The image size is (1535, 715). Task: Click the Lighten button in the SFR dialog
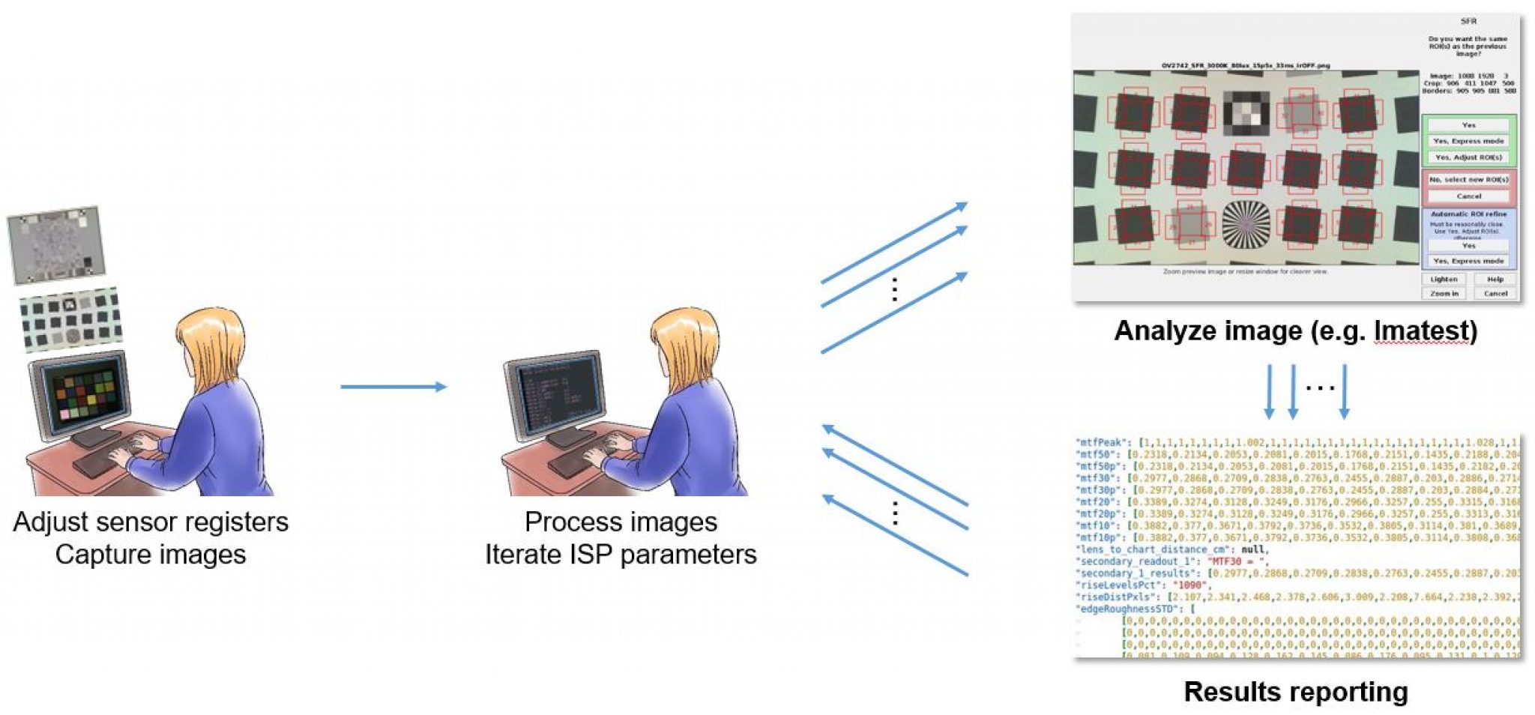(x=1443, y=279)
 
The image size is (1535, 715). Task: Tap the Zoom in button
(x=1443, y=293)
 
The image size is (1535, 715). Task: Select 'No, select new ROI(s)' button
(x=1468, y=180)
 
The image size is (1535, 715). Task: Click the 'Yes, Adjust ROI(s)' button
(x=1468, y=157)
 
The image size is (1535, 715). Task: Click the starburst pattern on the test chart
(x=1246, y=224)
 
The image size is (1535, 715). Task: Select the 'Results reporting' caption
(x=1295, y=691)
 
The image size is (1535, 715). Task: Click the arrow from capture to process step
(x=393, y=387)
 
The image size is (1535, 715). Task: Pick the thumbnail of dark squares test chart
(x=70, y=319)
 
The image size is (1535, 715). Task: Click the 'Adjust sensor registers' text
(x=151, y=522)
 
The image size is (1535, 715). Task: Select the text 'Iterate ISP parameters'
(x=620, y=555)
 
